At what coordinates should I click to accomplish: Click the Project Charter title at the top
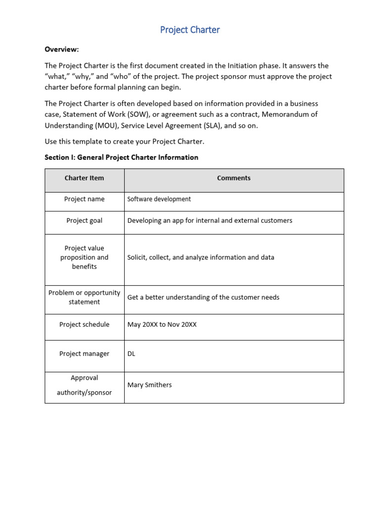[x=190, y=30]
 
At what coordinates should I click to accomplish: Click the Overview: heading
[x=62, y=50]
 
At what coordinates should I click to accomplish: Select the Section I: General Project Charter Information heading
[x=121, y=157]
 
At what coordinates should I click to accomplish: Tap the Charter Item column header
[x=84, y=178]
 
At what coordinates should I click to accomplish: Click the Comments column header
[x=234, y=178]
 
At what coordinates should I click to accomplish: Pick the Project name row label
[x=84, y=199]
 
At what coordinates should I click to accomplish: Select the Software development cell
[x=159, y=199]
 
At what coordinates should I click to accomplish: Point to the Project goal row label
[x=84, y=220]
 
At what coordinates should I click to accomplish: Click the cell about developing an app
[x=210, y=220]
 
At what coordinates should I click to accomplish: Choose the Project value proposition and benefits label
[x=84, y=257]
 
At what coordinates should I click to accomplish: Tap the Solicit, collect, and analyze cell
[x=201, y=257]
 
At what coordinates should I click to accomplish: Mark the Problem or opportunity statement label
[x=84, y=297]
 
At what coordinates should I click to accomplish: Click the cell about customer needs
[x=203, y=298]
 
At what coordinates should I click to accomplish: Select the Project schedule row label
[x=84, y=325]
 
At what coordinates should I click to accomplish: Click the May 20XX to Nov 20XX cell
[x=162, y=325]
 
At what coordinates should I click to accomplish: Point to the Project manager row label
[x=84, y=354]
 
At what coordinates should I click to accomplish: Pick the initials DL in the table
[x=131, y=354]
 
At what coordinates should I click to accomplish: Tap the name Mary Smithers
[x=149, y=385]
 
